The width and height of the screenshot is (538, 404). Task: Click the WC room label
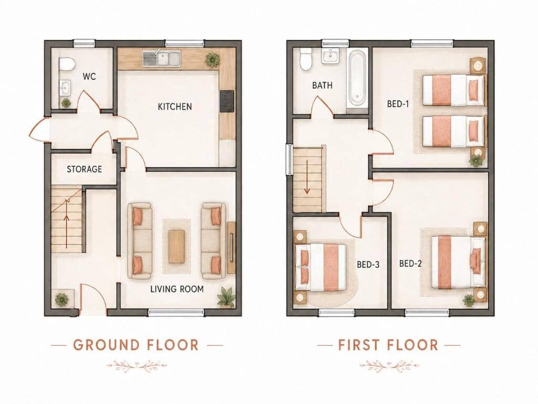click(x=89, y=76)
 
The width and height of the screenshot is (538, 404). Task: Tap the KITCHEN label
click(x=174, y=106)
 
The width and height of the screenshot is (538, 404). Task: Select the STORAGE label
click(x=84, y=169)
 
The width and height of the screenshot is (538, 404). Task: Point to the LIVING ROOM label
click(x=177, y=289)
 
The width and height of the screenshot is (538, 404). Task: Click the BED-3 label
click(x=368, y=265)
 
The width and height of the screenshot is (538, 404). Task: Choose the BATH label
click(x=322, y=85)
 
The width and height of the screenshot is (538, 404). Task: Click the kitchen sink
click(x=162, y=58)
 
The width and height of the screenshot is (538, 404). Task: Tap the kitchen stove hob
click(x=227, y=100)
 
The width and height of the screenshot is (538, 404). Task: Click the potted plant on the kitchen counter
click(x=212, y=60)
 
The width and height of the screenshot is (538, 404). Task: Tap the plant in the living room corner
click(x=226, y=297)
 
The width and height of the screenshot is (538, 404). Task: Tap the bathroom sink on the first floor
click(x=330, y=56)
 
